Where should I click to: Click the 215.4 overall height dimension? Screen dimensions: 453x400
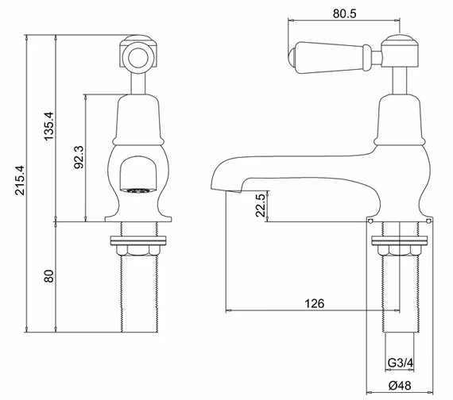(20, 180)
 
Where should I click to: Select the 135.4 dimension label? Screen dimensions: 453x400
(48, 126)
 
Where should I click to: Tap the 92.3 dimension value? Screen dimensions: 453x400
(79, 157)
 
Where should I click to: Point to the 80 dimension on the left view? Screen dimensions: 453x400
(48, 276)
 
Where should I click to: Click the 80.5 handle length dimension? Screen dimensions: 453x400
(344, 13)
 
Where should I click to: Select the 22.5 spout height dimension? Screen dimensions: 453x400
(261, 206)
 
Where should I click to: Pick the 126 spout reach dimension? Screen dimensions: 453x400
(315, 303)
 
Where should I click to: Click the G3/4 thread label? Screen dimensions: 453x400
(401, 363)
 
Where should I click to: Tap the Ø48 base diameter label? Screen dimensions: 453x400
(400, 385)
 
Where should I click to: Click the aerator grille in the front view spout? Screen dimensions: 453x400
(138, 190)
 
